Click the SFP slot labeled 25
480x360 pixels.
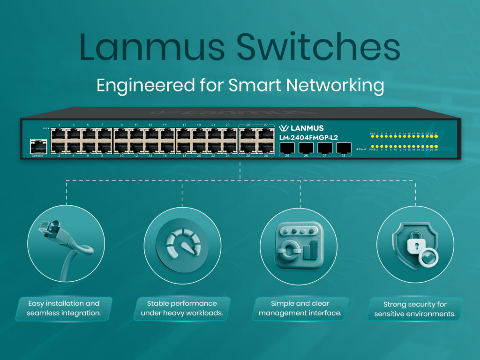click(287, 148)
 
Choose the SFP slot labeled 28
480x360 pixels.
click(344, 148)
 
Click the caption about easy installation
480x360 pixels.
click(64, 308)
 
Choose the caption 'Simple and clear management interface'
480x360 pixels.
click(300, 308)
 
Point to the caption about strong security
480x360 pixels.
click(415, 309)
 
